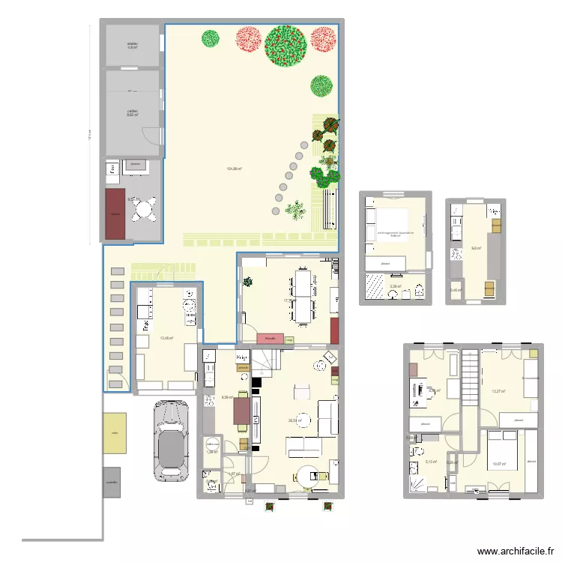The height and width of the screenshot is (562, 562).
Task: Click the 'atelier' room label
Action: click(133, 45)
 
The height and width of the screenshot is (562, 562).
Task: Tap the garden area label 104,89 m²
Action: click(233, 169)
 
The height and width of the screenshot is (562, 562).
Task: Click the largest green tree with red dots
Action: click(285, 45)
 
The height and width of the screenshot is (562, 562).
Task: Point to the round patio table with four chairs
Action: click(144, 209)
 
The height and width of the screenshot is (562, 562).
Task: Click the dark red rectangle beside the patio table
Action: click(115, 214)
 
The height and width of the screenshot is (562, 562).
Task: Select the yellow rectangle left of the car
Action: click(115, 432)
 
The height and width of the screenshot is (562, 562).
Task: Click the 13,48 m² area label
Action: click(166, 338)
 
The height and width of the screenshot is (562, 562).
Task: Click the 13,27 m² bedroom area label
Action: click(498, 391)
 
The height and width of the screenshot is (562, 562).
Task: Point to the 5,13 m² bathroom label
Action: click(430, 462)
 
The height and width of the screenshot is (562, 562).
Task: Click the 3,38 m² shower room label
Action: click(394, 285)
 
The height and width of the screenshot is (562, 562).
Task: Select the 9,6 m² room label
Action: click(475, 248)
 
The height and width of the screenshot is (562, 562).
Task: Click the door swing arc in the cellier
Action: click(152, 134)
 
